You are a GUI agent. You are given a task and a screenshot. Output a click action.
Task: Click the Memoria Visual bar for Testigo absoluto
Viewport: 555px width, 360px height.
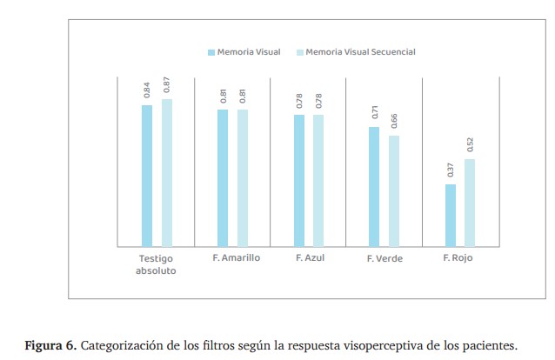coord(147,176)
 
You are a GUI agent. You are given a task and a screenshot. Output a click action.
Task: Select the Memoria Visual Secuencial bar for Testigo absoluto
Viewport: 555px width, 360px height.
coord(167,173)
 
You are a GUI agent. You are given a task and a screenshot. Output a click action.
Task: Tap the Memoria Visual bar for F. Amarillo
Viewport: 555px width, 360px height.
coord(223,178)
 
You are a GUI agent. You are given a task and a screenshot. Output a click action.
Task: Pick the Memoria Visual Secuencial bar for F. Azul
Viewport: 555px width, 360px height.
coord(318,181)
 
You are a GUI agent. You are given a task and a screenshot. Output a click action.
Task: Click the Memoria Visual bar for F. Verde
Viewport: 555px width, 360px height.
coord(374,187)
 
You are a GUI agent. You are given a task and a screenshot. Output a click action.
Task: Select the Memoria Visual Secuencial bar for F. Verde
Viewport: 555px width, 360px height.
coord(394,191)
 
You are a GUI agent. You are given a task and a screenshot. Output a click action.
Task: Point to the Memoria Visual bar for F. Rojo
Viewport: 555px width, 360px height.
coord(450,216)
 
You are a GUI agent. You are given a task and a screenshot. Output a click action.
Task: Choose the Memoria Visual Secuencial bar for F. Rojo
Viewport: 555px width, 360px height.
coord(470,203)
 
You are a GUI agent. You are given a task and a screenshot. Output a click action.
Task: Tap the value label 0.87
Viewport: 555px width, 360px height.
coord(166,85)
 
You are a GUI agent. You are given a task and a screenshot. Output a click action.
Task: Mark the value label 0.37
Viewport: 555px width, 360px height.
coord(451,170)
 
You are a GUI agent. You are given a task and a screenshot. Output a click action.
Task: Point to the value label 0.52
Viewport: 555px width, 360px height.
coord(470,144)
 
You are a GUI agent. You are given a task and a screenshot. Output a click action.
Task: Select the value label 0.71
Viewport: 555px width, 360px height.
coord(375,112)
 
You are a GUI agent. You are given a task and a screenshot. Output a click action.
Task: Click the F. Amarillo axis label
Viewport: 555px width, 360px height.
coord(236,258)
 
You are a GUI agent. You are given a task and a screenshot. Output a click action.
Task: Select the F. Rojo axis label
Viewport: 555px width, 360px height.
coord(458,258)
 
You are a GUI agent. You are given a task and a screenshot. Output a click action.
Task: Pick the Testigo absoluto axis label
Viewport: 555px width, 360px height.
coord(157,264)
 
